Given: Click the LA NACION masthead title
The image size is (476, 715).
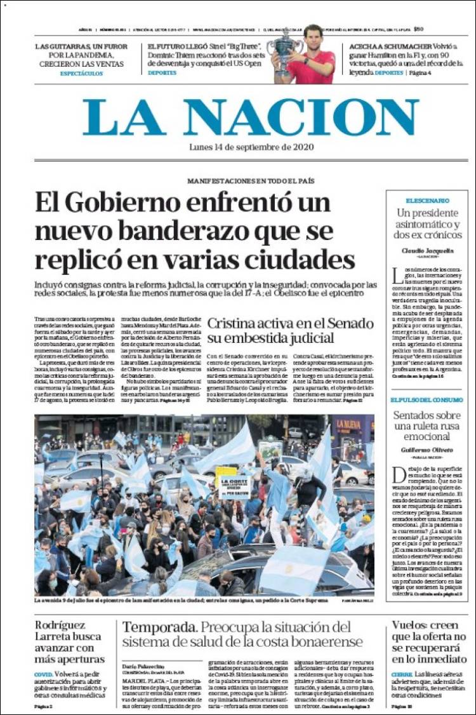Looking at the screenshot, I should pos(251,117).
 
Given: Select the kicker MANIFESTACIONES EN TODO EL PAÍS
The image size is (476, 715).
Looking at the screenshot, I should pos(250,181).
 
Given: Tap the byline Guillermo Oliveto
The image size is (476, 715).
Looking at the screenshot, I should pos(426,450).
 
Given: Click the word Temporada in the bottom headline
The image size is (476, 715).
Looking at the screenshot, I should pos(158,627).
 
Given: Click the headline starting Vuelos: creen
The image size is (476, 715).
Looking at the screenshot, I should pos(428,641).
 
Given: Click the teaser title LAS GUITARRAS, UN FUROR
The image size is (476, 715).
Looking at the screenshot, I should pos(81,46).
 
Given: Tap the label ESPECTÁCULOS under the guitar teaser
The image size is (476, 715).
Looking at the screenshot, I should pos(81,74).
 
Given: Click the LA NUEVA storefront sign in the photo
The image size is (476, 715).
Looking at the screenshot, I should pos(348,424).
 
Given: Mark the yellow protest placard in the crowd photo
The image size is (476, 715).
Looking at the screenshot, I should pos(225,472).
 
